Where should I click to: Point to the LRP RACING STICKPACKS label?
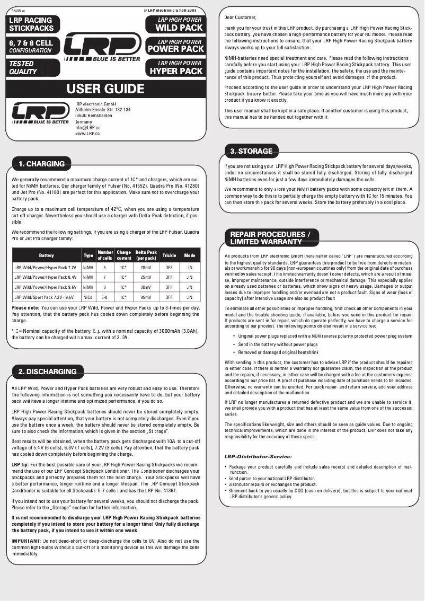31,24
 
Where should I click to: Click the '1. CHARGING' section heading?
41,164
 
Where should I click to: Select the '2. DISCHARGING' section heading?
47,372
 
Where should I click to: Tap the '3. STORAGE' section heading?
251,151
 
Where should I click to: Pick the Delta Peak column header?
146,255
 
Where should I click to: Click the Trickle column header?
169,255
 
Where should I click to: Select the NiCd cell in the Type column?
88,297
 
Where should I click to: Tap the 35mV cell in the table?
146,297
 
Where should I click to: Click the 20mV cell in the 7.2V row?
146,268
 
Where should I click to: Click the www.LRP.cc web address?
88,134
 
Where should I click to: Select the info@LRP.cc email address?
88,128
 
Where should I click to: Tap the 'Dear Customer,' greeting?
240,17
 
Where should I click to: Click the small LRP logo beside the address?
40,114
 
